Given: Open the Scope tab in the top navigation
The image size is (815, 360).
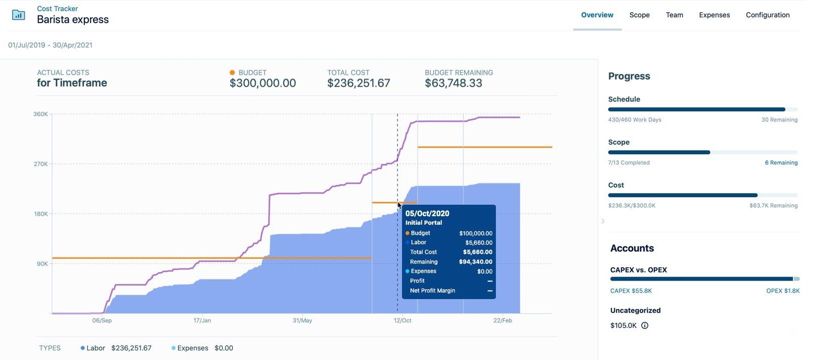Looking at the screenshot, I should tap(639, 15).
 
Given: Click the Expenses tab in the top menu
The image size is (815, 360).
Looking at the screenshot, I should tap(714, 15).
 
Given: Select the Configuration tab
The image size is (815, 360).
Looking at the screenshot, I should tap(768, 15).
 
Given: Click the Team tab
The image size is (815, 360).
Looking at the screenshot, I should tap(674, 15).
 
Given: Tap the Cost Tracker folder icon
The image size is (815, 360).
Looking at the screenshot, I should tap(18, 15).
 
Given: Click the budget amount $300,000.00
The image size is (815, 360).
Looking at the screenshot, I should tap(263, 83).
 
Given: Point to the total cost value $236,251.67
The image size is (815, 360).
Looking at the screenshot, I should tap(359, 83).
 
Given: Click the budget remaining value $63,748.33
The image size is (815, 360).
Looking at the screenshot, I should tap(453, 83).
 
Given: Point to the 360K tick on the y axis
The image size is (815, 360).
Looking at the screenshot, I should tap(40, 114).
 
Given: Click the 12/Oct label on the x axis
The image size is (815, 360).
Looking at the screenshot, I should tap(403, 321).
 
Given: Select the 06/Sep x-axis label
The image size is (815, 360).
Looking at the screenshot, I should tap(102, 321).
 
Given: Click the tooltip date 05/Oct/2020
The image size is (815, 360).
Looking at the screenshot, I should tap(427, 213).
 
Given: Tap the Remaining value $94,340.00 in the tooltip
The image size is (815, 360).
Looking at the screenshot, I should tap(475, 262).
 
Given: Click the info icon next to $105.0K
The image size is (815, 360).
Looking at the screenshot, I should tap(645, 326).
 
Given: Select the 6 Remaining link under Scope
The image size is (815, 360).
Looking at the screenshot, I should tap(781, 163).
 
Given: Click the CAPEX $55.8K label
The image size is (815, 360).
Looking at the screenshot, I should tap(631, 291).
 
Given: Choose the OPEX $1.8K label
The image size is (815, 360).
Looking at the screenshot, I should tap(783, 291).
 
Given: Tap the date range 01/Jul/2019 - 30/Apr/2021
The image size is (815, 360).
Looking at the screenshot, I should tap(50, 45).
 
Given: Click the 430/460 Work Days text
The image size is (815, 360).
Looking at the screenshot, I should tap(635, 120).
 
